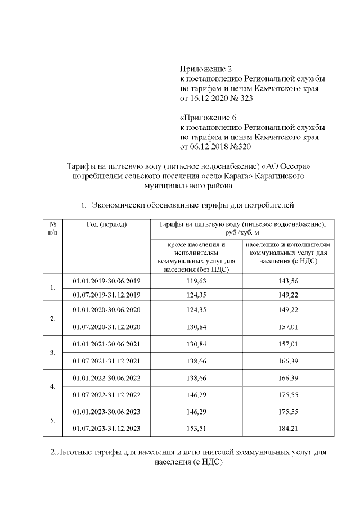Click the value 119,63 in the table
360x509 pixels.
[x=196, y=281]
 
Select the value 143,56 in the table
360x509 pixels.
[x=287, y=281]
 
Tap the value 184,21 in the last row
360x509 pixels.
[x=287, y=429]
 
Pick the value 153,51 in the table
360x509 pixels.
[x=196, y=429]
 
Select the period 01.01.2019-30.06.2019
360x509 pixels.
[x=106, y=281]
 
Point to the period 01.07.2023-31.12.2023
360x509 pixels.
[x=106, y=429]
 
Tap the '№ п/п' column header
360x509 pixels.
[x=52, y=228]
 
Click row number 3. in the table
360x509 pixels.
[x=52, y=353]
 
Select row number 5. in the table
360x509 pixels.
[x=52, y=420]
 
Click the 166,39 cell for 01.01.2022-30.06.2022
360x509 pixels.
[x=287, y=379]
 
